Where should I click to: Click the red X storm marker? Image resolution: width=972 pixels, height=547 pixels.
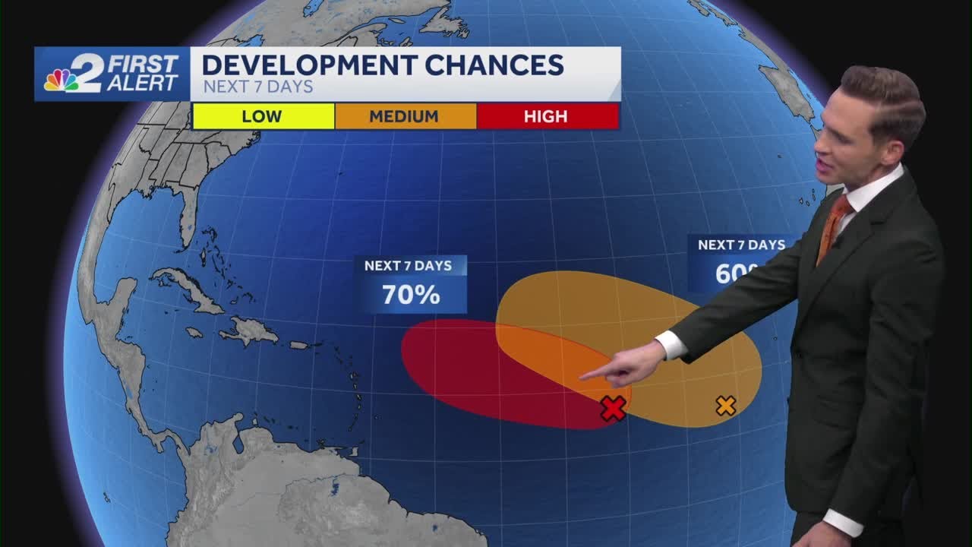(613, 409)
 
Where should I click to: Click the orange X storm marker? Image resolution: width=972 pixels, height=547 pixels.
(726, 406)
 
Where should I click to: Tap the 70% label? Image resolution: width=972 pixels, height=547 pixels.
(411, 295)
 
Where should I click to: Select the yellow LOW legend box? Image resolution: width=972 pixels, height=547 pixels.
(262, 116)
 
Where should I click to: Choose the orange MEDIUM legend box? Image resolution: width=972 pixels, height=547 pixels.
(404, 116)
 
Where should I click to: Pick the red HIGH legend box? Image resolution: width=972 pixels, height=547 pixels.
(546, 116)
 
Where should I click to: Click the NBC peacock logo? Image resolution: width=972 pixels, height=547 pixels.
(61, 80)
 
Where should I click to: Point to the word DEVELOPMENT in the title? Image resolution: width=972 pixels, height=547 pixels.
(309, 65)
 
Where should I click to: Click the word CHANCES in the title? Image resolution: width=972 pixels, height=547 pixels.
(494, 65)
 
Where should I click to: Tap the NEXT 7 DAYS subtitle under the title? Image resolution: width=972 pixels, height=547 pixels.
(258, 87)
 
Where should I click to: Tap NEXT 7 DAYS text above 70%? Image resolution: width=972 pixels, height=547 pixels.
(408, 266)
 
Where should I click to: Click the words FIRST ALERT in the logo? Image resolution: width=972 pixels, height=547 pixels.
(143, 73)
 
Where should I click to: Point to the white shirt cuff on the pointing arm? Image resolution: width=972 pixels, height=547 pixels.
(672, 344)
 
